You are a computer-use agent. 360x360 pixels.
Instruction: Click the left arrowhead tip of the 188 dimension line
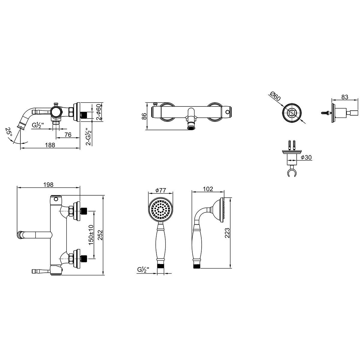pos(20,148)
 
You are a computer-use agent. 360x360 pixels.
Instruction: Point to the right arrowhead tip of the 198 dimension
pos(80,187)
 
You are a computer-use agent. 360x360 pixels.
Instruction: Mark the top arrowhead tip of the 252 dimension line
pos(103,195)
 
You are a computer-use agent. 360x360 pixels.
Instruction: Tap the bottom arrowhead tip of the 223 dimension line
pos(230,268)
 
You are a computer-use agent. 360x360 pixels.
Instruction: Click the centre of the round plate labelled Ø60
pos(292,113)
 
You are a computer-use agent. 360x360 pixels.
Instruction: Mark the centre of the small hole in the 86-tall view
pos(227,112)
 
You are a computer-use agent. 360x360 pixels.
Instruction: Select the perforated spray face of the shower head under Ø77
pos(160,210)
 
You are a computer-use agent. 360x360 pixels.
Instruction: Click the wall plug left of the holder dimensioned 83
pos(326,113)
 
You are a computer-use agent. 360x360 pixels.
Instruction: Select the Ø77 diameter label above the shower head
pos(160,190)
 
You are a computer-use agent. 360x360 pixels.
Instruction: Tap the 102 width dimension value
pos(208,189)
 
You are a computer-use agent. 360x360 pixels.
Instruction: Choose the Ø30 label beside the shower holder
pos(306,157)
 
